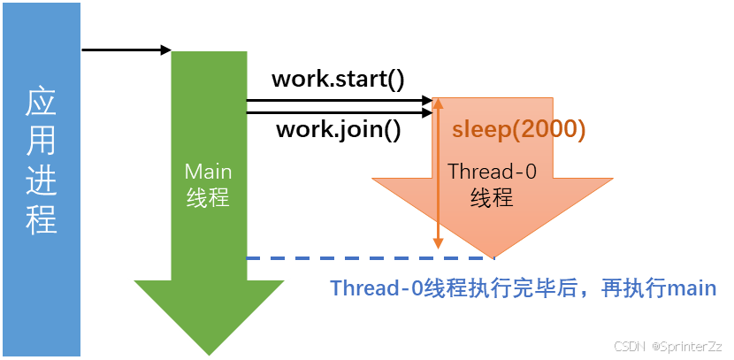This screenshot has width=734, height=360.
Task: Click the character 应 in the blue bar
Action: click(x=42, y=104)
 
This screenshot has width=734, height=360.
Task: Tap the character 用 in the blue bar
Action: click(x=42, y=142)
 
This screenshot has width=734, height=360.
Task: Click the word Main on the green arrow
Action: click(x=208, y=172)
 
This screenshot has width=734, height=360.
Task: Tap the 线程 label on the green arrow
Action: click(x=208, y=197)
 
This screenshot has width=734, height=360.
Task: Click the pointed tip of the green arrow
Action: click(x=210, y=356)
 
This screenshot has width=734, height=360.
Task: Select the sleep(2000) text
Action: click(x=519, y=129)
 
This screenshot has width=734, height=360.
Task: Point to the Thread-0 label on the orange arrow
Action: click(x=492, y=172)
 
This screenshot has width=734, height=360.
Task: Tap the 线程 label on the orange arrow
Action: click(x=492, y=196)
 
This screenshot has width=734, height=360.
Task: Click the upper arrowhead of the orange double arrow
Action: click(x=437, y=103)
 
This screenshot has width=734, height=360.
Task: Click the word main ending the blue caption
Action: click(x=691, y=288)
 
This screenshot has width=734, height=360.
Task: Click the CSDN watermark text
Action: click(x=630, y=345)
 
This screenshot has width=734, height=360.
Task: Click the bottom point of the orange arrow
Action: click(x=492, y=257)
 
